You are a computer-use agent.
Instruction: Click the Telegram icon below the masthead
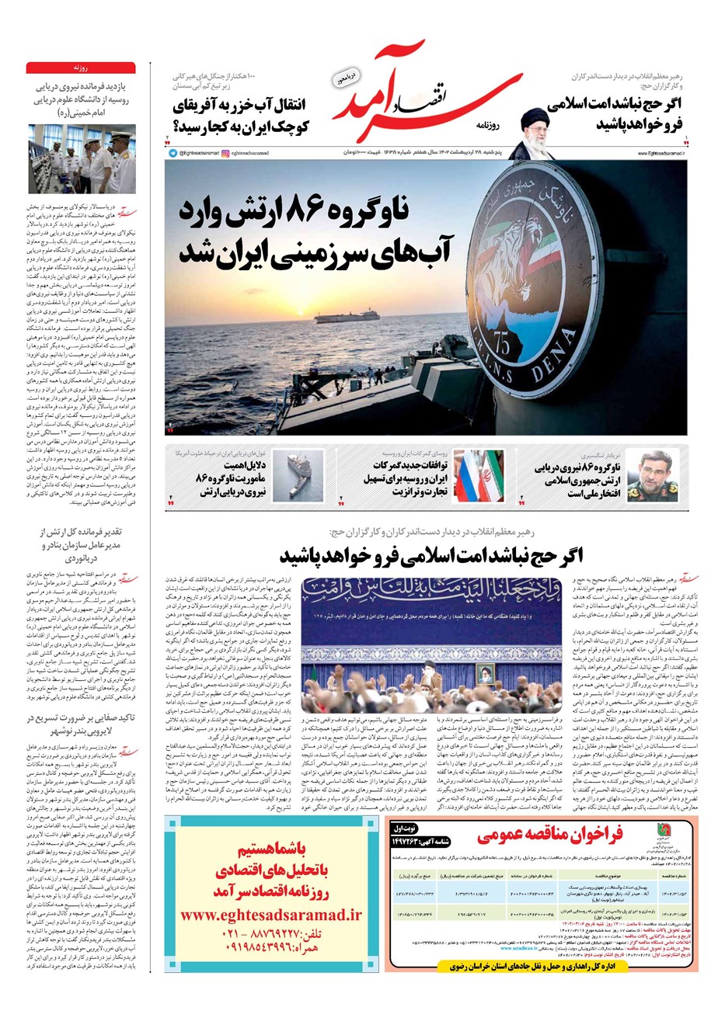pyautogui.click(x=173, y=153)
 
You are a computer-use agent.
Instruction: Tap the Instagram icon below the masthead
pyautogui.click(x=224, y=153)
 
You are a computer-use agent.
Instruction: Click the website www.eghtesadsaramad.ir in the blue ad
pyautogui.click(x=271, y=915)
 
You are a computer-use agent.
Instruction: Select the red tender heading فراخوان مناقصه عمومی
pyautogui.click(x=549, y=835)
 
